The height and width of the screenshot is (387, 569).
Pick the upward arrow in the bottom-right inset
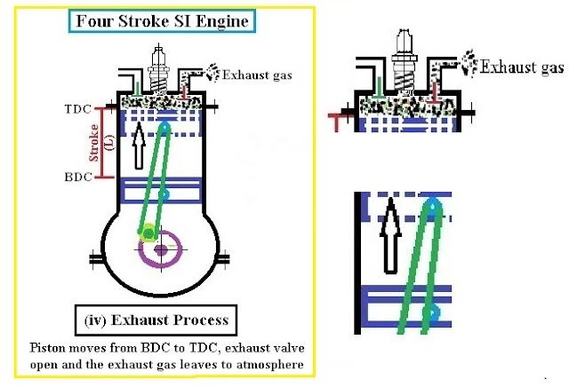(x=388, y=235)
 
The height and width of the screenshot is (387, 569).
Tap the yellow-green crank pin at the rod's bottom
(x=148, y=234)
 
